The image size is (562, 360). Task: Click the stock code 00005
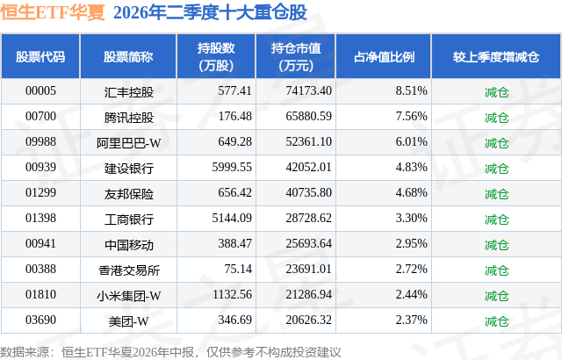click(x=40, y=91)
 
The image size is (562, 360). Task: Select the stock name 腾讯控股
click(x=129, y=118)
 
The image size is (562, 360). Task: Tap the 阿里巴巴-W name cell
click(x=129, y=143)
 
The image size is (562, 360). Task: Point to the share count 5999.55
click(x=232, y=168)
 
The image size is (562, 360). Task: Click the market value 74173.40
click(x=308, y=91)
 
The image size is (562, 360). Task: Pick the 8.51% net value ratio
click(x=412, y=91)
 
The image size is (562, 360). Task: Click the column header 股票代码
click(x=40, y=56)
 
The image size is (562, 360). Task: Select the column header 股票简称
click(x=128, y=56)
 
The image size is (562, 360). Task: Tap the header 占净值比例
click(x=384, y=56)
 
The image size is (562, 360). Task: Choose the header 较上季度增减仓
click(x=496, y=56)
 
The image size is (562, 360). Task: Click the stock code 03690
click(x=40, y=320)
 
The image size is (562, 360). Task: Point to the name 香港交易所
click(x=129, y=270)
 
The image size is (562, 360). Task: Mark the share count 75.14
click(x=238, y=269)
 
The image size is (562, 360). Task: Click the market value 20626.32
click(x=308, y=320)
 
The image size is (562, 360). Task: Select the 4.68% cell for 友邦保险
click(x=412, y=192)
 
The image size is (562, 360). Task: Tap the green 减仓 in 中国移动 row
click(x=496, y=245)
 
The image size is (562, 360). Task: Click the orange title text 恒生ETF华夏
click(x=53, y=12)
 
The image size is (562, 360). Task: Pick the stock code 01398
click(x=40, y=218)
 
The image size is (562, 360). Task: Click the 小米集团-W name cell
click(x=129, y=296)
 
